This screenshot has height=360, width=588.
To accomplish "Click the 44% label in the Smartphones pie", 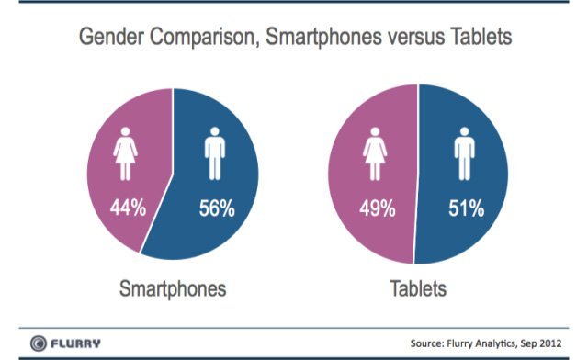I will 129,208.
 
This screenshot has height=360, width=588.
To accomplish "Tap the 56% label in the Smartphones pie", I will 217,208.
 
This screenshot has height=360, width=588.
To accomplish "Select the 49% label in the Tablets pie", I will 377,208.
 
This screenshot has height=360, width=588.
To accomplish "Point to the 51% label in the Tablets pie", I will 466,208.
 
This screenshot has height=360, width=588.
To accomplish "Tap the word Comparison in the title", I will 197,39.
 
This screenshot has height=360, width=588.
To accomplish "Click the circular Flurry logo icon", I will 38,343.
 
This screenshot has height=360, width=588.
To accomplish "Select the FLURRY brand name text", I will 76,343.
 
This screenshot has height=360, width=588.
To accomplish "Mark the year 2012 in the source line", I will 547,343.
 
